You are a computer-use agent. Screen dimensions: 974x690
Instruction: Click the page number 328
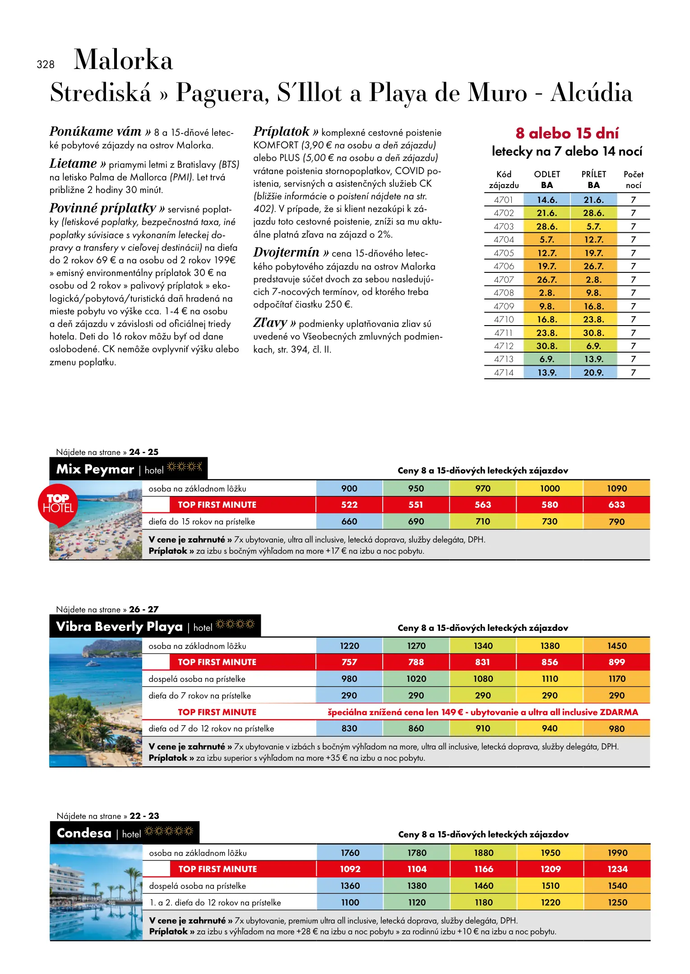[46, 64]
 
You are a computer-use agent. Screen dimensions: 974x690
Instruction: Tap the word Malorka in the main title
[123, 60]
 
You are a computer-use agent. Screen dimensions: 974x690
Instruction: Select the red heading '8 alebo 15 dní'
[567, 133]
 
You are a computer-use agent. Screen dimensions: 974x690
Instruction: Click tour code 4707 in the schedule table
[504, 280]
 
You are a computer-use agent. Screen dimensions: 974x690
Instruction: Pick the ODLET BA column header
[547, 179]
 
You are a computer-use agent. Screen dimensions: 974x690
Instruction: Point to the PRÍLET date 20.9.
[593, 372]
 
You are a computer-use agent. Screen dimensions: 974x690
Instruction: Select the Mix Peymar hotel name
[95, 469]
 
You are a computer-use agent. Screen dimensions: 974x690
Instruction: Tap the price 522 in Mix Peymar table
[349, 505]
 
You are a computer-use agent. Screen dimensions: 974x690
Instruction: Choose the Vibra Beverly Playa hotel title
[119, 626]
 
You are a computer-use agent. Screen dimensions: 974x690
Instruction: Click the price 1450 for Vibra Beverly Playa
[616, 646]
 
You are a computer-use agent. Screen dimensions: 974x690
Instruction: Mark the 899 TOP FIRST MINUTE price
[616, 662]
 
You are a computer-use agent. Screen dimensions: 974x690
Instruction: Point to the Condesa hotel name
[84, 833]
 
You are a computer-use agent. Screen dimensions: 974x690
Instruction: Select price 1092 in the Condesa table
[350, 869]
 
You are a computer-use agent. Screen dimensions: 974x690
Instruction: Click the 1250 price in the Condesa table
[617, 902]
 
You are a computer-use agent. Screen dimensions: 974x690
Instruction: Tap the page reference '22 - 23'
[144, 816]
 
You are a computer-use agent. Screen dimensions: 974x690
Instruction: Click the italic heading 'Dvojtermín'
[286, 253]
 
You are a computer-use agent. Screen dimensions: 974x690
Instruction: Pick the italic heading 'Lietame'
[73, 164]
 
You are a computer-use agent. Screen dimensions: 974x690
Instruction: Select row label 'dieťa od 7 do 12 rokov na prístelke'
[211, 728]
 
